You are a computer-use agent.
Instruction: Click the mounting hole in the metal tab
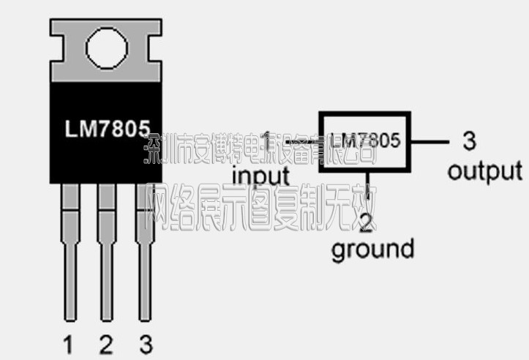(106, 49)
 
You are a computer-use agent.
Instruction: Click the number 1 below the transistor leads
(69, 343)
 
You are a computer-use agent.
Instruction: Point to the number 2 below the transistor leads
(106, 343)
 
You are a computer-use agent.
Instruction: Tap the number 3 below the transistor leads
(146, 343)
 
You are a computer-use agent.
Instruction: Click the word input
(261, 176)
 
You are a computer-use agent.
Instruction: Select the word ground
(372, 249)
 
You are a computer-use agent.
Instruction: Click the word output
(484, 171)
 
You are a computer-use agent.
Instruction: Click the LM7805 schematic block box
(364, 140)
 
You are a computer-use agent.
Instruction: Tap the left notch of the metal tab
(54, 49)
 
